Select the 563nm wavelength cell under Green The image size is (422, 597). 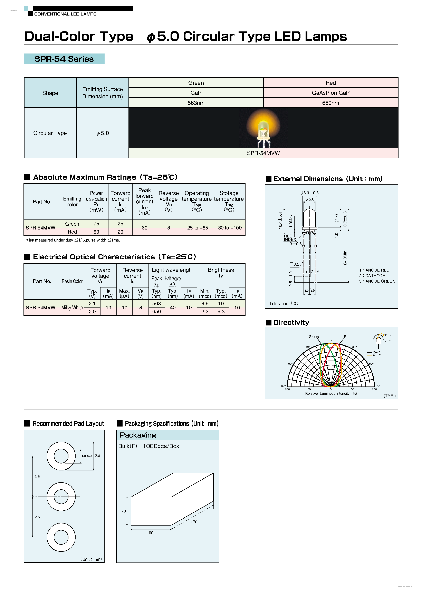click(x=196, y=103)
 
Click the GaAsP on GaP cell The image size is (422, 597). click(x=330, y=93)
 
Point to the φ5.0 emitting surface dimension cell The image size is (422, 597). click(x=103, y=133)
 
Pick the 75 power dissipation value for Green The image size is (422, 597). click(x=96, y=224)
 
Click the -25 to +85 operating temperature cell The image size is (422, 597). click(x=197, y=228)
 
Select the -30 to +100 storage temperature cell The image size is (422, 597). click(x=229, y=228)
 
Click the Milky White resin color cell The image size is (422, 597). click(x=72, y=308)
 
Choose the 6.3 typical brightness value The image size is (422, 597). click(x=221, y=312)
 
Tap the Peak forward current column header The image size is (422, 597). click(x=144, y=202)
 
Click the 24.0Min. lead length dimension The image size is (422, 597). click(x=345, y=257)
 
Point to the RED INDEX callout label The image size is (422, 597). click(x=290, y=238)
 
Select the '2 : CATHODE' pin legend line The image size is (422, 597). click(x=372, y=276)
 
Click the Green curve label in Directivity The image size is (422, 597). click(x=314, y=337)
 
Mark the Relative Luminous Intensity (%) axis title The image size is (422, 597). click(x=331, y=393)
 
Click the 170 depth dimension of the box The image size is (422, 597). click(x=194, y=522)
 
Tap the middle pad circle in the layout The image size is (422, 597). click(x=61, y=497)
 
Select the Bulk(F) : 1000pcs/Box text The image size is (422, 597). click(x=148, y=446)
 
